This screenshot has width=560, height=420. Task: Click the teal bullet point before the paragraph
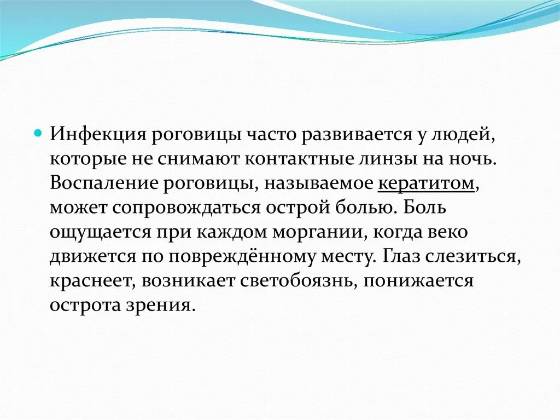pos(38,135)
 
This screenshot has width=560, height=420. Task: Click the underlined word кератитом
pos(425,183)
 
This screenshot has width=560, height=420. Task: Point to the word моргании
pos(317,232)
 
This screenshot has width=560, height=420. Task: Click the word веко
pos(448,232)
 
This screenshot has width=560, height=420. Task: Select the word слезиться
pos(480,256)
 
